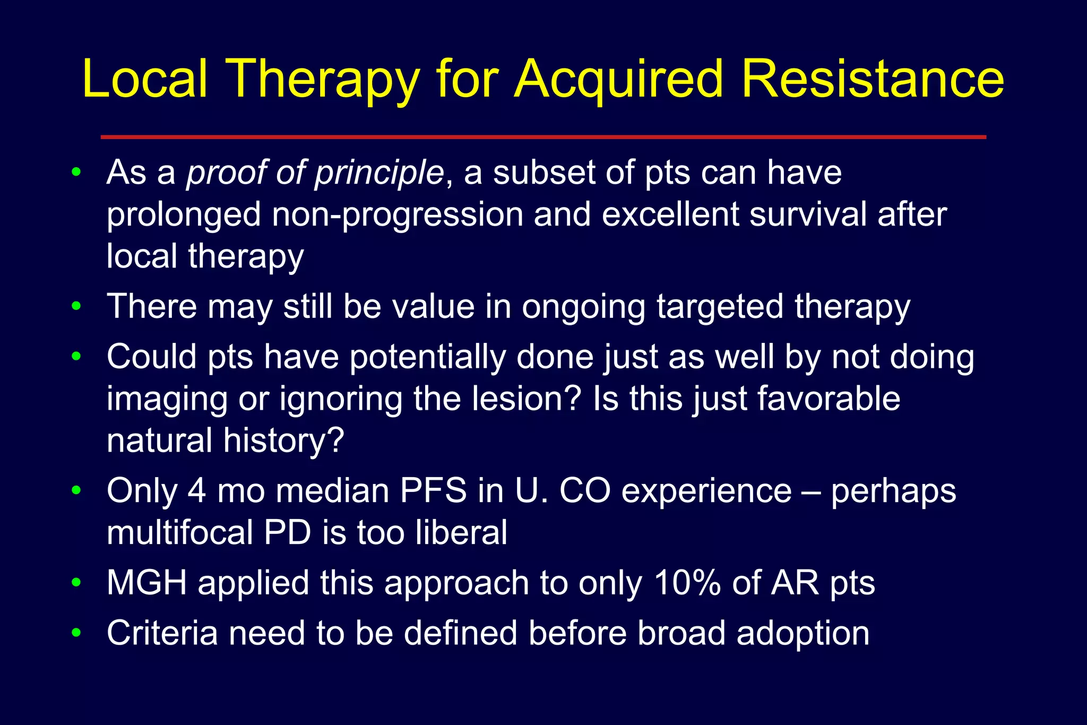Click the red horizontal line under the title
543,137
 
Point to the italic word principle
379,173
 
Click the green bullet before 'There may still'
76,306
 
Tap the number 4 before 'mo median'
196,490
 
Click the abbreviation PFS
433,490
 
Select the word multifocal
179,532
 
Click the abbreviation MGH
147,583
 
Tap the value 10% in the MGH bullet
687,583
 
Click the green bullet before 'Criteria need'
76,633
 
